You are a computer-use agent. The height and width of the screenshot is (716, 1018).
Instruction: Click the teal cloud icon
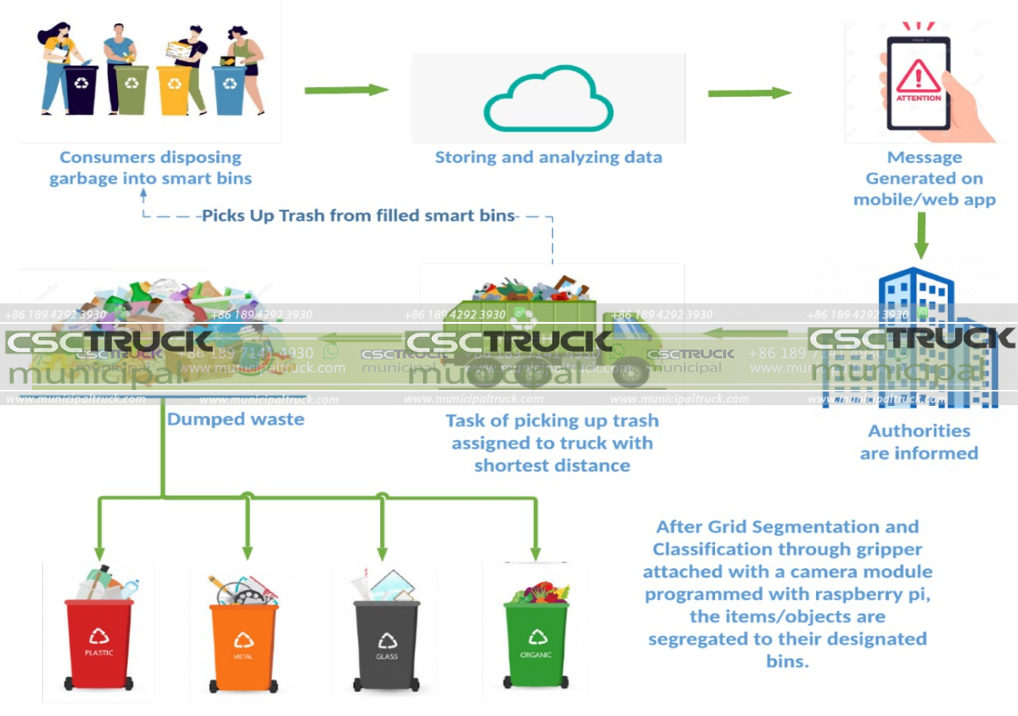click(548, 100)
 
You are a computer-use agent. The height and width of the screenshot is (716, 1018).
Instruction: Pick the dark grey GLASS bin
click(387, 644)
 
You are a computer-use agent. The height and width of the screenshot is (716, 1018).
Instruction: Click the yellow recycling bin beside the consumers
click(173, 89)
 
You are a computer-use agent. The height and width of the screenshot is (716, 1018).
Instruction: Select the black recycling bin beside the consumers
click(81, 89)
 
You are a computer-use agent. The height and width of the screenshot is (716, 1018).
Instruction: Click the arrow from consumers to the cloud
click(345, 90)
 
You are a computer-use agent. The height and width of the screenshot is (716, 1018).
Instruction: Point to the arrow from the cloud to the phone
click(748, 93)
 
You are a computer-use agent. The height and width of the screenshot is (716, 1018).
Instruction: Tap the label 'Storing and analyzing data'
click(548, 157)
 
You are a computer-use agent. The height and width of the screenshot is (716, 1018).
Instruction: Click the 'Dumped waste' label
click(235, 418)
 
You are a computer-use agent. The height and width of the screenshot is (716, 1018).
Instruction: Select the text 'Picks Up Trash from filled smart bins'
click(358, 216)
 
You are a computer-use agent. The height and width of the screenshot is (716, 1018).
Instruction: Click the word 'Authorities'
click(919, 430)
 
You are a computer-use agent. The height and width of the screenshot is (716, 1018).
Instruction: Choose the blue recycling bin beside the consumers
click(229, 89)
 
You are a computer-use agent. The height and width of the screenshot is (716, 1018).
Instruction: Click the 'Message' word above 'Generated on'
click(924, 157)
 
